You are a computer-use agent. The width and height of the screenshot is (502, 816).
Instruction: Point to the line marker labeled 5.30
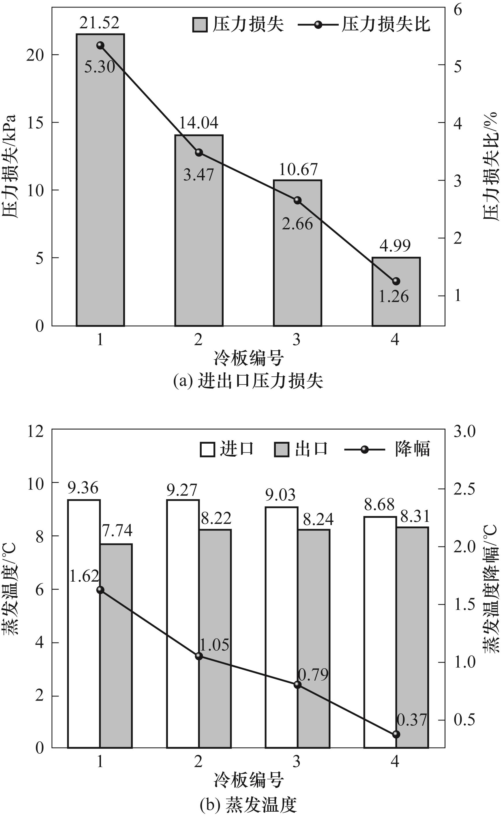click(x=100, y=46)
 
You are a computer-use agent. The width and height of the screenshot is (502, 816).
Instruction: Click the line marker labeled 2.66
click(x=297, y=200)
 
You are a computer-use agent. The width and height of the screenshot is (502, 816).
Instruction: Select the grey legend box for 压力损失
click(x=200, y=25)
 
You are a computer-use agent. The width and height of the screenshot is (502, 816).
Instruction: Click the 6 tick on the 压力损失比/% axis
click(x=458, y=10)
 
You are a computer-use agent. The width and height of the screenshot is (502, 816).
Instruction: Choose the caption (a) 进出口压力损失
click(x=248, y=381)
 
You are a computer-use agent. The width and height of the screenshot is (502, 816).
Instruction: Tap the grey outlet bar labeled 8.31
click(x=412, y=638)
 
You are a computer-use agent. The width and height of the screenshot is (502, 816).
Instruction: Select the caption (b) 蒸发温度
click(x=248, y=805)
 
